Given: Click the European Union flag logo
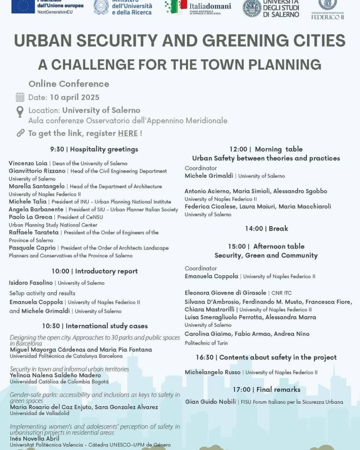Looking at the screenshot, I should tap(23, 6).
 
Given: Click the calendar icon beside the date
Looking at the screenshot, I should tap(20, 97).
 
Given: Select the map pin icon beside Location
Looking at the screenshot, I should tap(20, 112).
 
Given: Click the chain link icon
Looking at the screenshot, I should tap(20, 133).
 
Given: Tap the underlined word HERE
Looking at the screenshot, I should tap(128, 133).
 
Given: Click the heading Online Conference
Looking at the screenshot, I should tap(69, 84).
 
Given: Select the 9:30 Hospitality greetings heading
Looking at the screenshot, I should tap(94, 150).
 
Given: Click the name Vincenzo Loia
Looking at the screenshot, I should tap(28, 163).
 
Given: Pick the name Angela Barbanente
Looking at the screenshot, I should tap(36, 209).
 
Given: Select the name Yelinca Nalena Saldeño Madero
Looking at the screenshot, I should tap(55, 375).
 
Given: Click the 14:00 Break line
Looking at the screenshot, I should tap(266, 229).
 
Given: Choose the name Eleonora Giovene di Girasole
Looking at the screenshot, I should tap(225, 292).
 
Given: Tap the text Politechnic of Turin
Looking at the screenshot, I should tap(206, 343).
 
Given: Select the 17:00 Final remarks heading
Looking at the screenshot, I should tap(266, 390).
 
